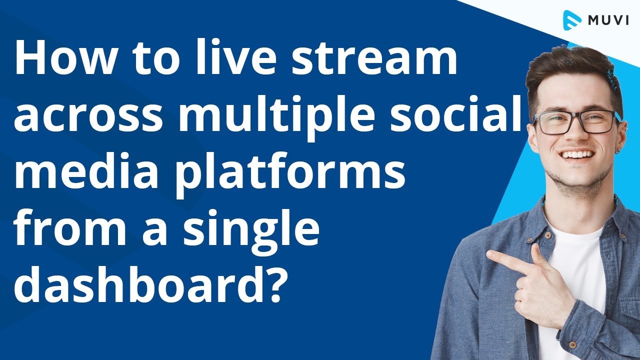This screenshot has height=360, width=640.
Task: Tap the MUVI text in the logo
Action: coord(607,20)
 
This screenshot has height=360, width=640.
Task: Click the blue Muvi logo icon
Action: coord(570,20)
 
